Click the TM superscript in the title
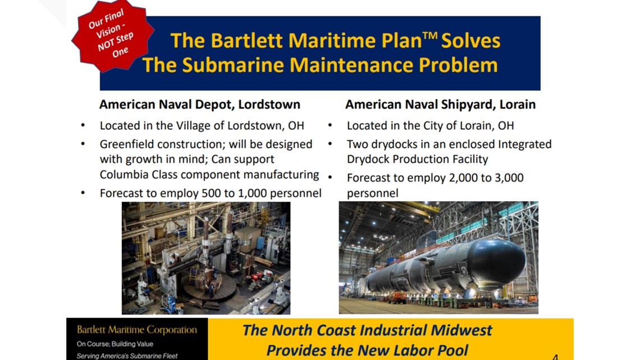pos(430,35)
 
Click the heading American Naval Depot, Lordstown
pos(200,104)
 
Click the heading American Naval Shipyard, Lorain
pos(440,104)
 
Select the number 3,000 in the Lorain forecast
pos(509,178)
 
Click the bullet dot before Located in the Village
pos(83,125)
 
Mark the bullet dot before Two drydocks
pos(330,144)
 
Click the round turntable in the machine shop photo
pos(209,289)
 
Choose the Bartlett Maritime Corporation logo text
pos(137,330)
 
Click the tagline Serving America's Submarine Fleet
pos(127,356)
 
